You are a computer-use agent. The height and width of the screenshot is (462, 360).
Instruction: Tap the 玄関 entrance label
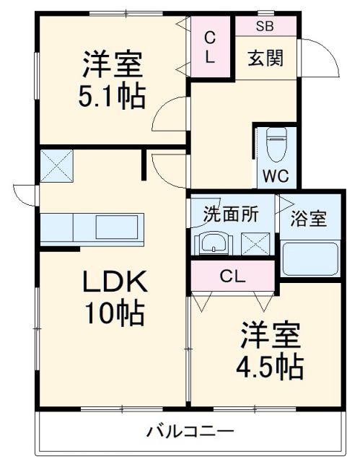(265, 57)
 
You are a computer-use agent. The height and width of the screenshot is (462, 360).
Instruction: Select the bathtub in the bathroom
(309, 257)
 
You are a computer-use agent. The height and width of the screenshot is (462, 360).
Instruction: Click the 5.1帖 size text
(112, 95)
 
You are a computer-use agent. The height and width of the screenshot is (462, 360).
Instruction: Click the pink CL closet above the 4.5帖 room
(232, 275)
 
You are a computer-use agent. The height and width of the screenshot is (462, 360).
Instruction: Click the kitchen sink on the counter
(115, 229)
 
